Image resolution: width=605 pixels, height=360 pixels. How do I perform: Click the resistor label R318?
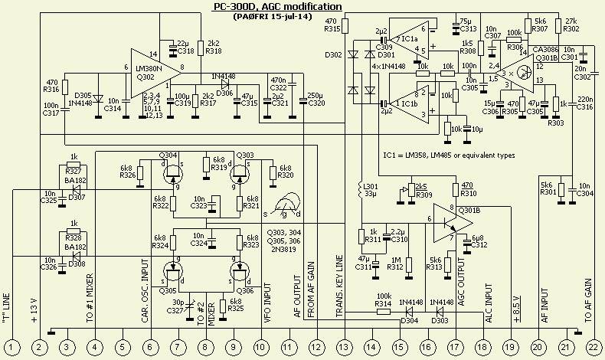pos(213,51)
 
